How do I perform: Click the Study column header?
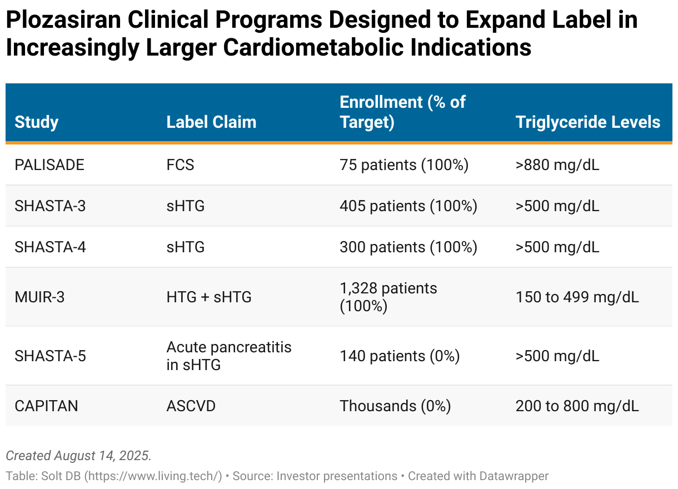coord(36,122)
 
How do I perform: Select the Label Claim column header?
coord(211,122)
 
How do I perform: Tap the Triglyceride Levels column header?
coord(588,122)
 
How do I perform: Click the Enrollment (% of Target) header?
coord(402,112)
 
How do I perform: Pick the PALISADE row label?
coord(49,165)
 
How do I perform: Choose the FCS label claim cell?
coord(180,165)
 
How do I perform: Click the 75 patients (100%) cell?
coord(404,165)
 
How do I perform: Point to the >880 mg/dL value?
coord(557,165)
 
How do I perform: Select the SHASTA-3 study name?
coord(50,206)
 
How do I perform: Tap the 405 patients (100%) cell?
coord(408,206)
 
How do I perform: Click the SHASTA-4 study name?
coord(50,247)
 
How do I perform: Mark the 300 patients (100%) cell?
coord(408,247)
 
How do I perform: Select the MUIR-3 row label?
coord(39,297)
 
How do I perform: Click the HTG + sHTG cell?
coord(209,297)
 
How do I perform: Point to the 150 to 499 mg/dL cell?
coord(577,297)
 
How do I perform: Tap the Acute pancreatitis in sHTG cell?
coord(229,356)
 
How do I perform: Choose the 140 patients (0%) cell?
coord(400,356)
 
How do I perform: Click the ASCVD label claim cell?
coord(191,406)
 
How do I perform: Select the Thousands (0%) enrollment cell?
coord(395,406)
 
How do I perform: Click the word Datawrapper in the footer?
coord(514,476)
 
